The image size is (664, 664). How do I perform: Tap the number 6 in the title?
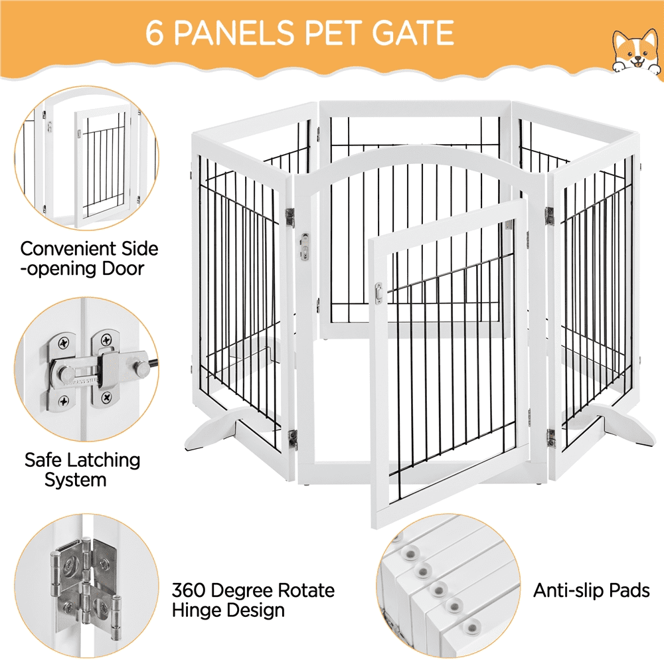click(x=155, y=33)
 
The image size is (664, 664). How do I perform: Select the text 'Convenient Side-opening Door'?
click(x=89, y=258)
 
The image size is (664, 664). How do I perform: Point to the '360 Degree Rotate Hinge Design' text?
click(x=253, y=600)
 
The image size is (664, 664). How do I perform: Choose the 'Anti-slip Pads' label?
click(x=592, y=590)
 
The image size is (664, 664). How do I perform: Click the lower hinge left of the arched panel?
click(x=292, y=437)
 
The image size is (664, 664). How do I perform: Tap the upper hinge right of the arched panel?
click(x=549, y=214)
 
